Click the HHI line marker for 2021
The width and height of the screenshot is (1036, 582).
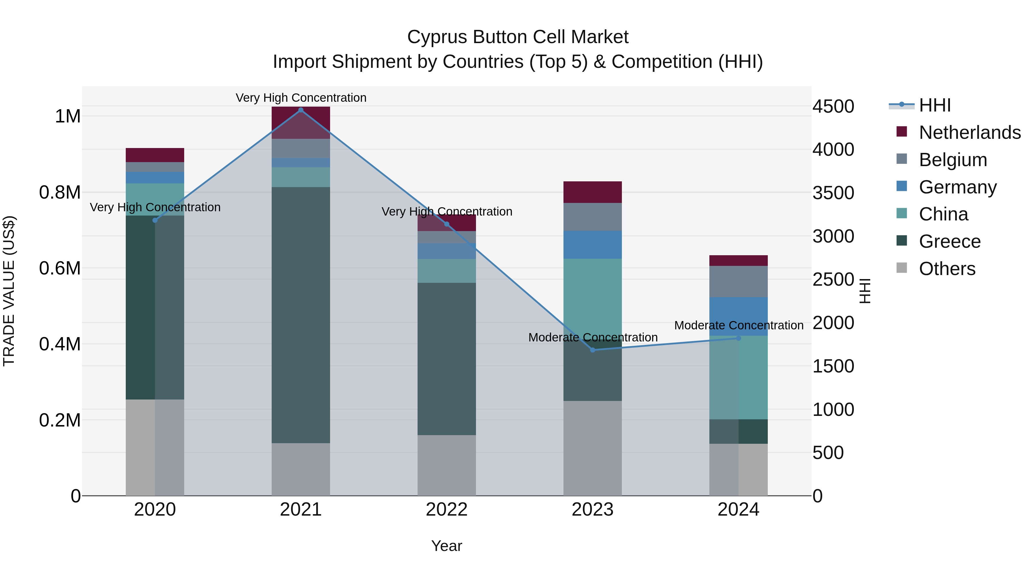pos(301,110)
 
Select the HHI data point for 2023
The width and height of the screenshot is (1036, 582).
pos(593,350)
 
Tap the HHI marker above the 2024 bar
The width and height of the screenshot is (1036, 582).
pos(738,338)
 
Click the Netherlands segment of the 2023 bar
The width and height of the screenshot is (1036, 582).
pos(593,192)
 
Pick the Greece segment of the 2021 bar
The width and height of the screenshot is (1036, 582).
pos(301,315)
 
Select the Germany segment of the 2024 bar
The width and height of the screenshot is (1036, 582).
pos(738,316)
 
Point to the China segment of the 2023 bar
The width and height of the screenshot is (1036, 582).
pos(593,293)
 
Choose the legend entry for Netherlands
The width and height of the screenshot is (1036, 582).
pos(969,132)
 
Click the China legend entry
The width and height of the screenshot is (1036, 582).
pos(943,214)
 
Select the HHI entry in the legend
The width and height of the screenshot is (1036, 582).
pos(935,105)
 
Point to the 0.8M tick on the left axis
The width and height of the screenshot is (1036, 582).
pos(60,192)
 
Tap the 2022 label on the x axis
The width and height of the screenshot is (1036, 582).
pos(446,510)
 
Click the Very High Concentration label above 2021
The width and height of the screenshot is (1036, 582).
pos(301,98)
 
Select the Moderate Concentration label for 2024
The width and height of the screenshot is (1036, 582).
pos(738,325)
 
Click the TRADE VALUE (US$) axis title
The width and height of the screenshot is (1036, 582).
pos(9,291)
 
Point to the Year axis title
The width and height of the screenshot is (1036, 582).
pos(446,546)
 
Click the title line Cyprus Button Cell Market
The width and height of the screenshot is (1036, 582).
pos(518,37)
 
